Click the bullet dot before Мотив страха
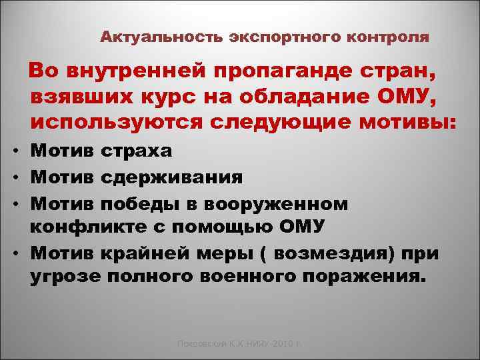[x=14, y=152]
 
